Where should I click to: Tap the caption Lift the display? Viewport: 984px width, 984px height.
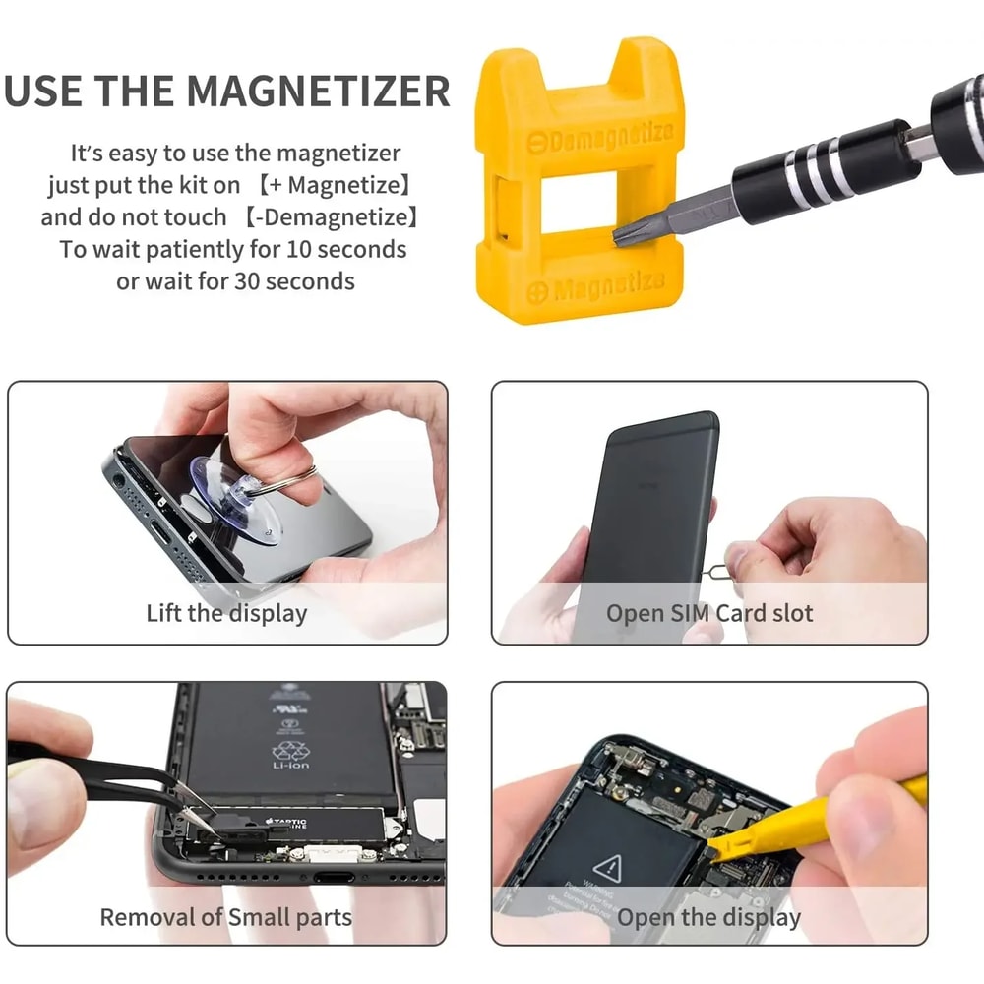click(226, 613)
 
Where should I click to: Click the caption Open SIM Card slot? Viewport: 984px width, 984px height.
click(709, 613)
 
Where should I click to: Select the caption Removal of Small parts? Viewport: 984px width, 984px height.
click(225, 917)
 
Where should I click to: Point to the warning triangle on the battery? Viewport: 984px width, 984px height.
click(608, 867)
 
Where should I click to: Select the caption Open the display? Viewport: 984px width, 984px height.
click(708, 917)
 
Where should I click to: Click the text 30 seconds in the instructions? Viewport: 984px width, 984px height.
click(294, 280)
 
